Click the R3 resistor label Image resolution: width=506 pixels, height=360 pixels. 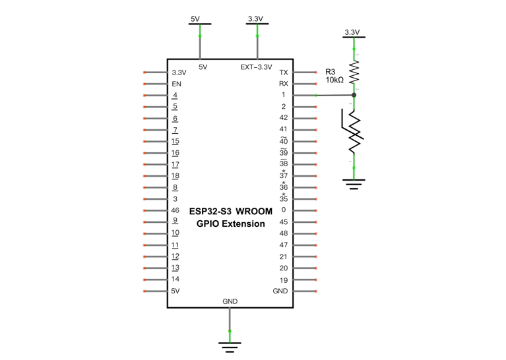[x=330, y=72]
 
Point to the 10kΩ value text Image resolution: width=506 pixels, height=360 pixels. [x=334, y=80]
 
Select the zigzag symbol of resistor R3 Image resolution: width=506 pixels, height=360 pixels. [x=354, y=72]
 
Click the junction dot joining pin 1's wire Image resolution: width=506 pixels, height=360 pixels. [x=354, y=95]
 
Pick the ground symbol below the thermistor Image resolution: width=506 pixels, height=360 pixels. [x=354, y=184]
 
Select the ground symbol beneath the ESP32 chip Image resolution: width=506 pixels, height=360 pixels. [x=230, y=347]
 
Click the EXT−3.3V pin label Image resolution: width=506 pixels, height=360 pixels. [x=256, y=67]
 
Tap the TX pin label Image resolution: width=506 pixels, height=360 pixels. [x=284, y=73]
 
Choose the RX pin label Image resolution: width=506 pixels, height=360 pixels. [x=284, y=84]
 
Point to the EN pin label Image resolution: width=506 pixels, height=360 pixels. [x=177, y=84]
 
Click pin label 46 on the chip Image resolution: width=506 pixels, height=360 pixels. [x=175, y=210]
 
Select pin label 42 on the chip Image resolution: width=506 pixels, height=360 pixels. [x=284, y=118]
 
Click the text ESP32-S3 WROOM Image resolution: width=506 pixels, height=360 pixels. [x=231, y=211]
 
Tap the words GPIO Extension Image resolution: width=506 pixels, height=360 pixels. [x=231, y=224]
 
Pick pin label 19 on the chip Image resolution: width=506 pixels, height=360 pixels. [x=284, y=280]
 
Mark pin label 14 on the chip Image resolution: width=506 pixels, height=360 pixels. [x=175, y=279]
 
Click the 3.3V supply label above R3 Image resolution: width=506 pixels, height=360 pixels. [x=352, y=32]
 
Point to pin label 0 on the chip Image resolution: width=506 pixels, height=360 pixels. [x=284, y=210]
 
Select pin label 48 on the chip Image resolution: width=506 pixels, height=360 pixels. [x=284, y=233]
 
